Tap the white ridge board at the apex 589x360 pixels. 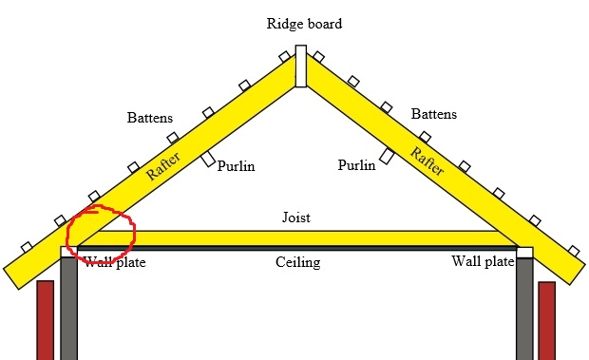coord(300,66)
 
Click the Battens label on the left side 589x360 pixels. coord(150,119)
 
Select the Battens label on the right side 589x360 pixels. coord(433,114)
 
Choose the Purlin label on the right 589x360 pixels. coord(356,165)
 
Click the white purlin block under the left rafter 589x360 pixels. coord(207,159)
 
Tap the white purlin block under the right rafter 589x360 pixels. coord(387,156)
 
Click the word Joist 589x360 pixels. coord(296,218)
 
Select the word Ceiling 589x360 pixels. coord(298,262)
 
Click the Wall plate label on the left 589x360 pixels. coord(115,262)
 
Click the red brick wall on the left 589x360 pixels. coord(45,319)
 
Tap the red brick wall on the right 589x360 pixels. coord(546,319)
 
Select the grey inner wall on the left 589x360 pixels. coord(68,309)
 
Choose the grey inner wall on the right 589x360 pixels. coord(524,309)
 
